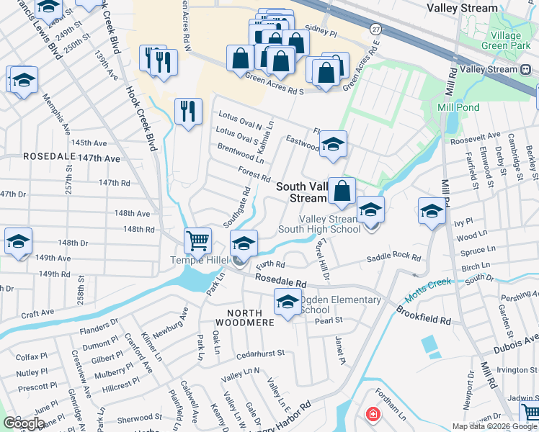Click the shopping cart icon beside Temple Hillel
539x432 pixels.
coord(197,240)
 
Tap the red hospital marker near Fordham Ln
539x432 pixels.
coord(373,414)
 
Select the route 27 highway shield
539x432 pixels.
coord(376,28)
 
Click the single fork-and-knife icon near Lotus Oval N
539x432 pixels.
coord(187,111)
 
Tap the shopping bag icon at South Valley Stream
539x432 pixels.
coord(342,191)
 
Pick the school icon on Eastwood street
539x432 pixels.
coord(333,143)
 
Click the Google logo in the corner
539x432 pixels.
coord(24,423)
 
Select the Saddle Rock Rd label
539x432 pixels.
coord(393,258)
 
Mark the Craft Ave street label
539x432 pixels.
coord(37,314)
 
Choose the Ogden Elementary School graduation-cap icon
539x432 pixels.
coord(288,302)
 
